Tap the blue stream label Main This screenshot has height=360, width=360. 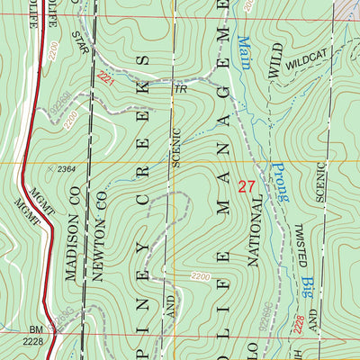point(243,55)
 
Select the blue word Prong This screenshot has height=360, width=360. point(271,179)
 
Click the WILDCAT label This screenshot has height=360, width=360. point(308,65)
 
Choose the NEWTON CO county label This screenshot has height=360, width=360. point(102,229)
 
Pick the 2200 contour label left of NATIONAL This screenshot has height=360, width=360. point(204,275)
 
